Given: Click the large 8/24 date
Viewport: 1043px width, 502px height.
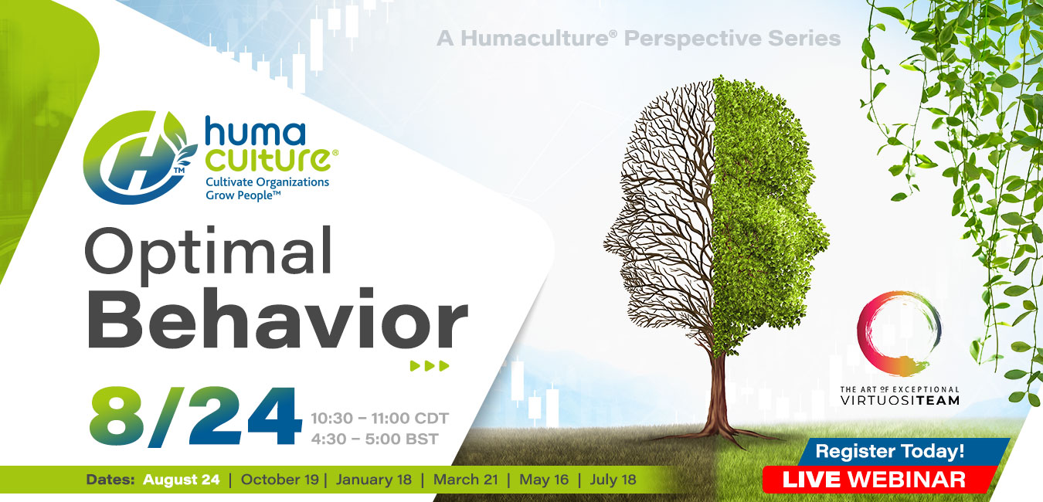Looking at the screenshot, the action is pyautogui.click(x=195, y=416).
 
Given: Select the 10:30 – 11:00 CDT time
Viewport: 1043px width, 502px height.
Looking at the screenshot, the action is pyautogui.click(x=380, y=419).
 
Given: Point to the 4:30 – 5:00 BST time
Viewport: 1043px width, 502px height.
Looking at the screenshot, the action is pyautogui.click(x=375, y=439).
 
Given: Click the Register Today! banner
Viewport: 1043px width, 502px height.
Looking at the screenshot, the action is pyautogui.click(x=890, y=451).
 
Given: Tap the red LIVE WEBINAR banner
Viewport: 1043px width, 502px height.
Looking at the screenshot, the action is pyautogui.click(x=874, y=480).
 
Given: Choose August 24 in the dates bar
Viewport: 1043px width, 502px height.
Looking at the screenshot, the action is pyautogui.click(x=181, y=480).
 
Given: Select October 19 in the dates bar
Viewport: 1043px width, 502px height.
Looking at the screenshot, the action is pyautogui.click(x=280, y=480).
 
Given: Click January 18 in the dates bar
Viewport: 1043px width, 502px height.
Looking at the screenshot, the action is pyautogui.click(x=374, y=480).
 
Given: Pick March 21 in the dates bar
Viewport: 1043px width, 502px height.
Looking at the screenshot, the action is pyautogui.click(x=466, y=480).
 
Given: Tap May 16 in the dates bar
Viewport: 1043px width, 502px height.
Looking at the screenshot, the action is pyautogui.click(x=544, y=480).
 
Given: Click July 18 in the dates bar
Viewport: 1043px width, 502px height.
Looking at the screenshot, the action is pyautogui.click(x=613, y=480).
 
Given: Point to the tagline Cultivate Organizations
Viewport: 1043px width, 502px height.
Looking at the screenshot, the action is pyautogui.click(x=267, y=182).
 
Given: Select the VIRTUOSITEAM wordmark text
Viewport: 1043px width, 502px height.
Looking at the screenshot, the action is pyautogui.click(x=899, y=400).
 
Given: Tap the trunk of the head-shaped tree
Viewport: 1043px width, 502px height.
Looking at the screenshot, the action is pyautogui.click(x=718, y=395).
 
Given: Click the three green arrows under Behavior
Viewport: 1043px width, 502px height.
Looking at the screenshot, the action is pyautogui.click(x=430, y=365).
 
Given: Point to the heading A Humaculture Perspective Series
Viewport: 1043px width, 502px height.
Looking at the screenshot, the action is pyautogui.click(x=639, y=39).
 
